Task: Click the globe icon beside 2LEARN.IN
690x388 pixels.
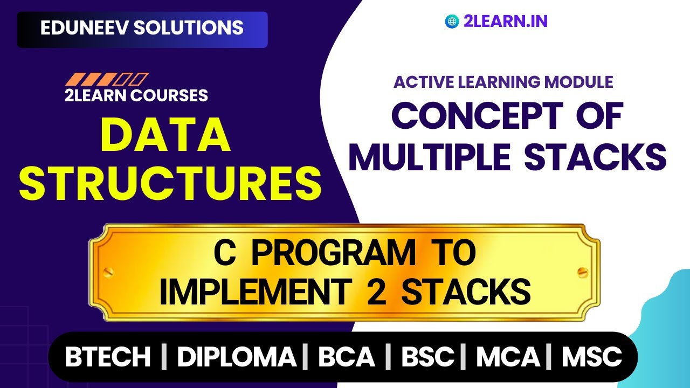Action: click(x=451, y=22)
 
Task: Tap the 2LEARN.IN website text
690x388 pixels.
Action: click(x=505, y=22)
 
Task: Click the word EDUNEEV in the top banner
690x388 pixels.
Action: click(x=84, y=28)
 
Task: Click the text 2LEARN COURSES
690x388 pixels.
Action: click(x=136, y=95)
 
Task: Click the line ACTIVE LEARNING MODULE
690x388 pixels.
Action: click(x=503, y=82)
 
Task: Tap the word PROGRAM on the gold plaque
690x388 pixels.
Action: click(x=334, y=254)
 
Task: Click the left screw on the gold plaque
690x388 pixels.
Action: click(x=108, y=271)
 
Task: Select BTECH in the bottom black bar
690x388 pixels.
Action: click(x=108, y=357)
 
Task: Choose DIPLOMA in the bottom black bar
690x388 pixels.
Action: click(x=237, y=357)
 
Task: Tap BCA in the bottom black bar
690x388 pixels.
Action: click(x=346, y=357)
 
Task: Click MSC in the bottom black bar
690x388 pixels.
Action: click(x=592, y=357)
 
